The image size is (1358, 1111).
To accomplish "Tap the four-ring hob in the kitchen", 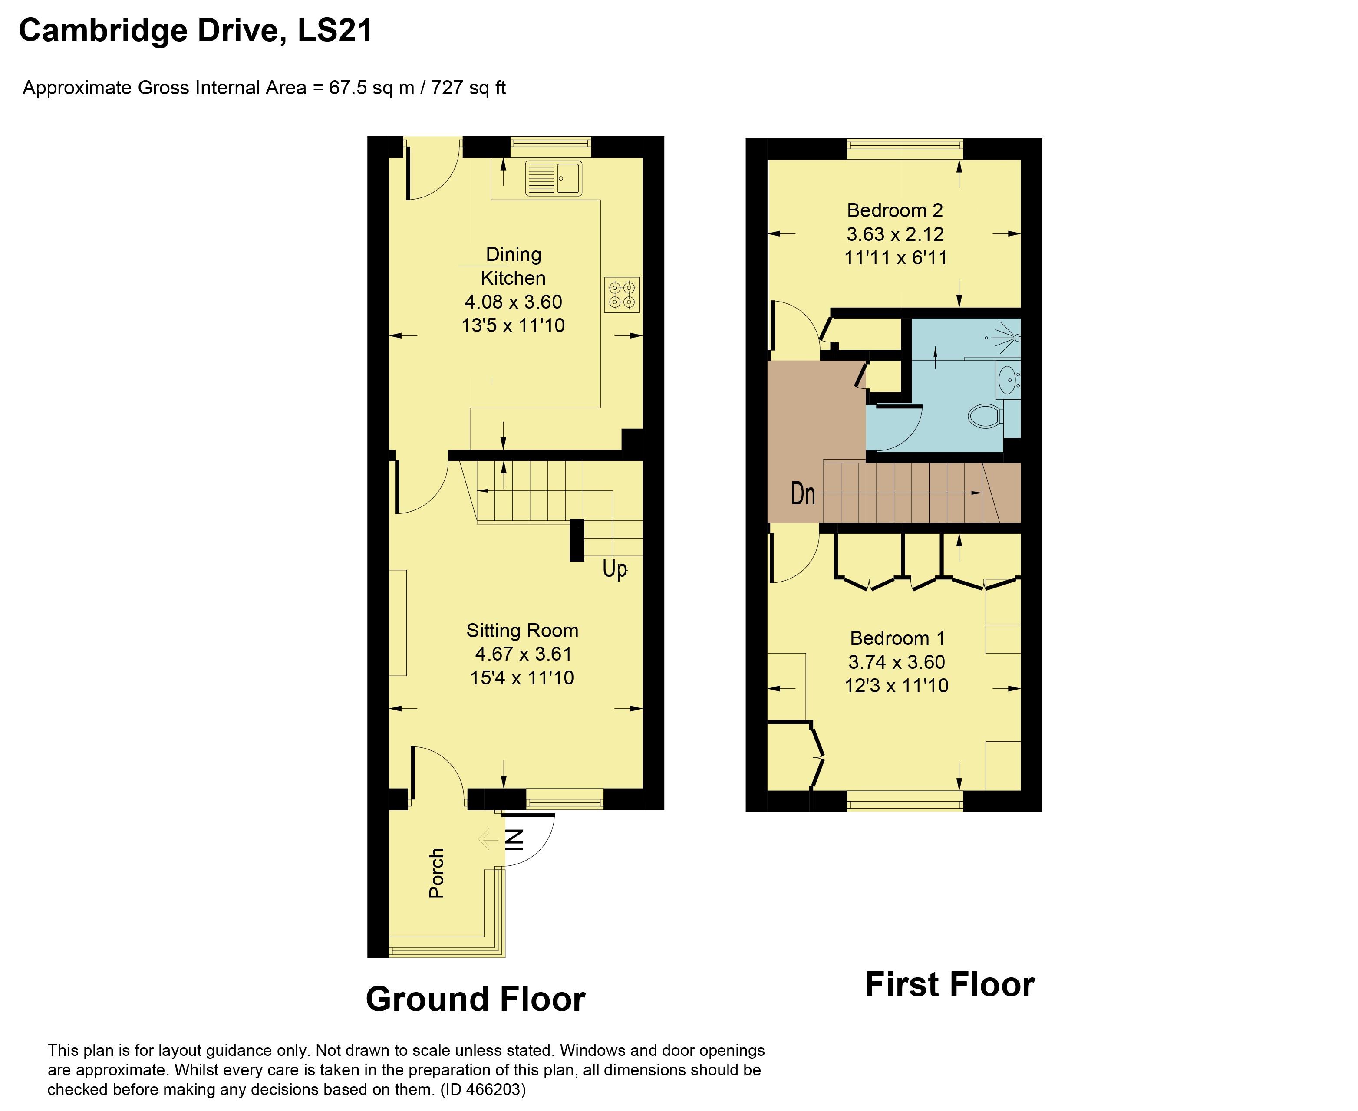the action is click(x=622, y=295).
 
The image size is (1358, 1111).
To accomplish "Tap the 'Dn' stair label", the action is click(x=803, y=493).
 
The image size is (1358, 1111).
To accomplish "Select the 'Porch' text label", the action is click(x=437, y=873).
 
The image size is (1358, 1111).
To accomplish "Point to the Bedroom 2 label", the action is click(x=895, y=210).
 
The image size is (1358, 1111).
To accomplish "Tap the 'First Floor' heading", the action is click(x=949, y=984).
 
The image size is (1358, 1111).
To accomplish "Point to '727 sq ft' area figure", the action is click(x=468, y=88).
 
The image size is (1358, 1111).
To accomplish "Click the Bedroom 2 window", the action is click(x=905, y=150).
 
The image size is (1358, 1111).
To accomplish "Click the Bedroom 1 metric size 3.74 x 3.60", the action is click(x=897, y=662).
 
